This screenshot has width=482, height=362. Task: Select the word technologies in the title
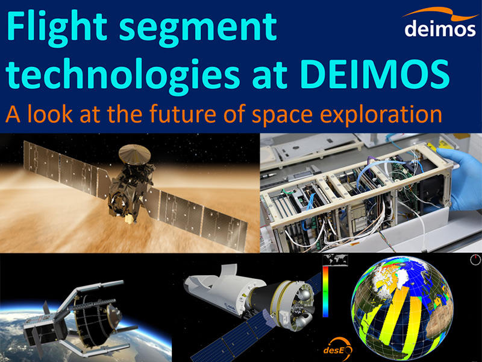click(122, 76)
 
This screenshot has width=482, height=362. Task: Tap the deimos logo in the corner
click(440, 23)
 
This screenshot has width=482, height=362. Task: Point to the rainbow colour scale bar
click(325, 291)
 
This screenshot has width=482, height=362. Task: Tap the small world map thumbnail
click(335, 259)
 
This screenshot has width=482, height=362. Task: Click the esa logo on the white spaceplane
click(231, 307)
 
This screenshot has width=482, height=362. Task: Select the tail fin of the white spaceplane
click(228, 270)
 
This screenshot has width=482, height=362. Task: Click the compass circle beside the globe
click(475, 259)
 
